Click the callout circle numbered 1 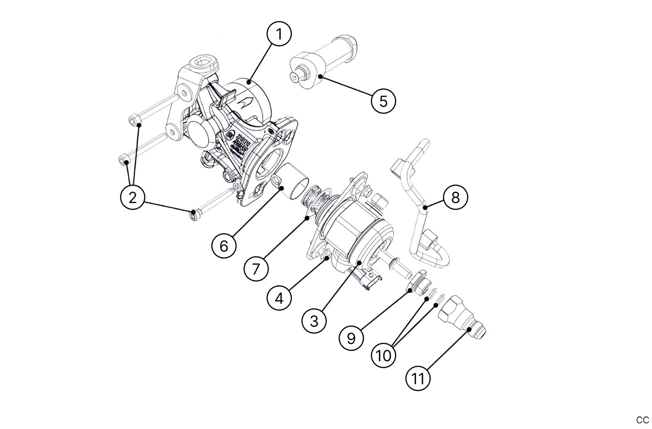(x=279, y=34)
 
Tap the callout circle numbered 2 (x=133, y=197)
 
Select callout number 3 (x=314, y=321)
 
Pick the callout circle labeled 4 (x=279, y=298)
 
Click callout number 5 (x=383, y=100)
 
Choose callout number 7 (x=256, y=269)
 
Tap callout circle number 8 (x=455, y=197)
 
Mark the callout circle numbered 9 (x=352, y=337)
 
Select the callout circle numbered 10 (x=384, y=356)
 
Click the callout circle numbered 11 (x=418, y=378)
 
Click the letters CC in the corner (x=642, y=420)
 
